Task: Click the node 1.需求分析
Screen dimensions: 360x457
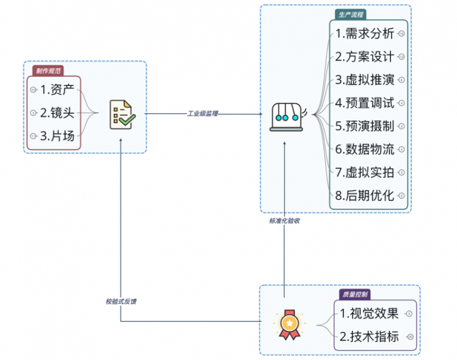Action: pyautogui.click(x=364, y=33)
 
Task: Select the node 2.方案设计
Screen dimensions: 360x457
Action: pyautogui.click(x=364, y=56)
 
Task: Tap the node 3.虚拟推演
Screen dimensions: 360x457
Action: pyautogui.click(x=364, y=79)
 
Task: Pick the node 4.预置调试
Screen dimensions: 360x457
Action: pyautogui.click(x=364, y=103)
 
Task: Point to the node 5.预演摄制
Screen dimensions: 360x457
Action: pyautogui.click(x=364, y=126)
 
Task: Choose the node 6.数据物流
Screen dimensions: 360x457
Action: pyautogui.click(x=364, y=149)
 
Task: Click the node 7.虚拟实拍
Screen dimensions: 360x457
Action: pyautogui.click(x=364, y=172)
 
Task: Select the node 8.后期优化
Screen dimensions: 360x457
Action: pyautogui.click(x=364, y=195)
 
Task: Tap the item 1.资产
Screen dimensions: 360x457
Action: pyautogui.click(x=57, y=89)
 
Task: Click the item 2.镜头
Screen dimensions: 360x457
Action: pyautogui.click(x=57, y=112)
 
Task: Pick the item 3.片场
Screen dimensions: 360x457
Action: pyautogui.click(x=57, y=136)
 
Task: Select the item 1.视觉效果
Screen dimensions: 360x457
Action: pyautogui.click(x=369, y=313)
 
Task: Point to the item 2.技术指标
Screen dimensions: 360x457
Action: pyautogui.click(x=369, y=336)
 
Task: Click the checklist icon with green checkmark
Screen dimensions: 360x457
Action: pyautogui.click(x=121, y=113)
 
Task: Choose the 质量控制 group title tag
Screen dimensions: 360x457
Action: pyautogui.click(x=355, y=294)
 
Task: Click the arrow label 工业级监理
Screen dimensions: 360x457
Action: pyautogui.click(x=203, y=114)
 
